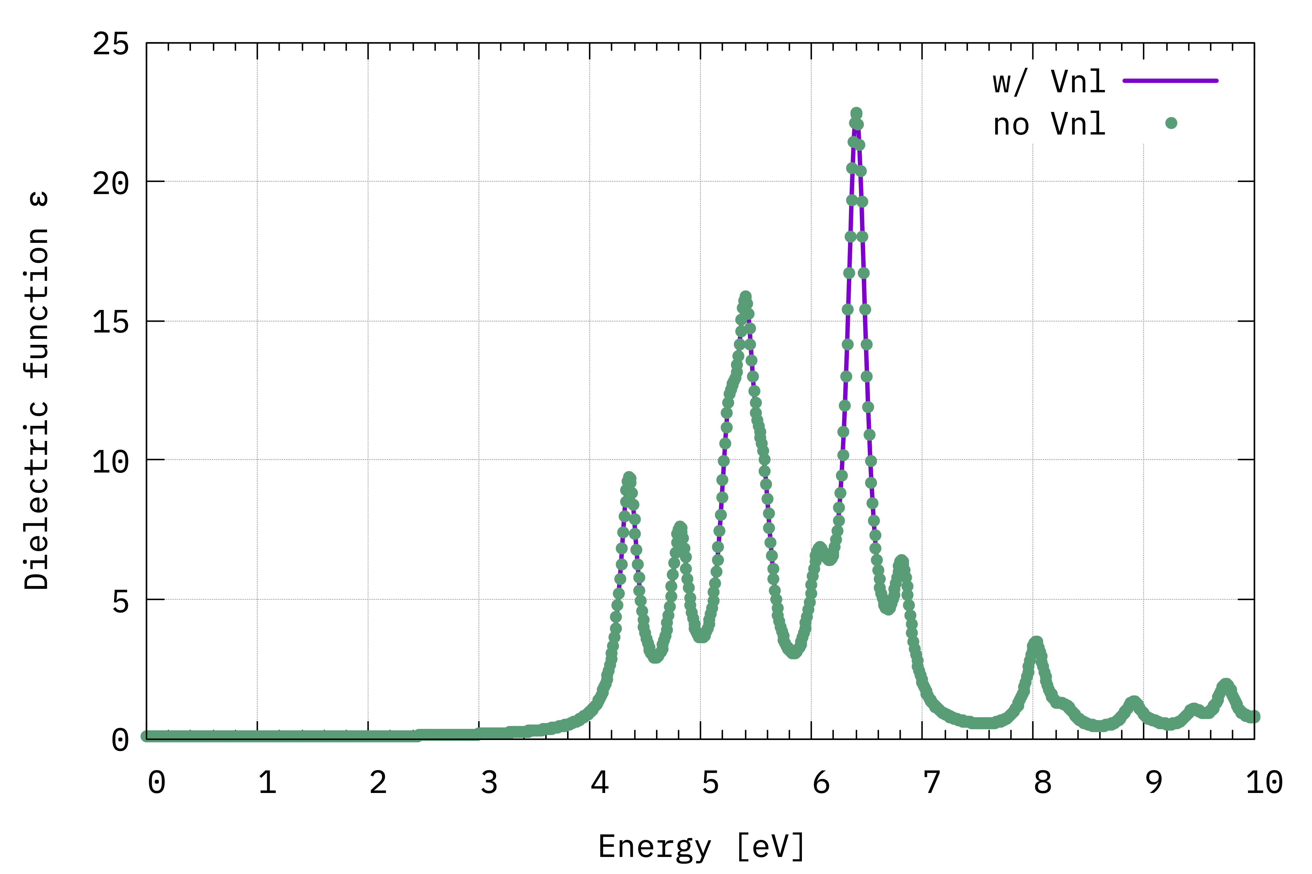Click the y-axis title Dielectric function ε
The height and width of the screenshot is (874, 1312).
click(37, 390)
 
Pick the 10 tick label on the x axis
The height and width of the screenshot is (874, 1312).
click(1264, 782)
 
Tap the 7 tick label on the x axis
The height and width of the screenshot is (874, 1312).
click(932, 782)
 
